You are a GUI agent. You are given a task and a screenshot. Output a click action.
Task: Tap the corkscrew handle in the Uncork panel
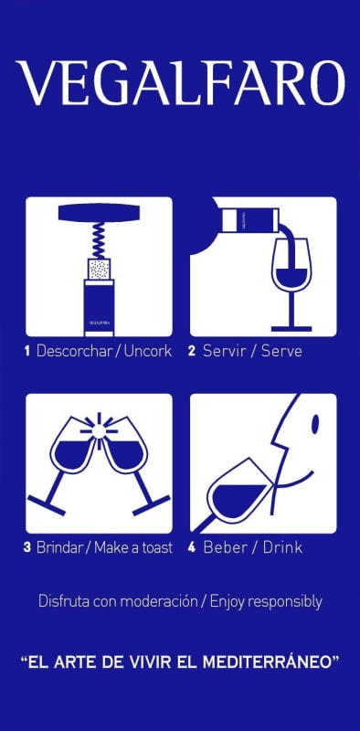pos(98,215)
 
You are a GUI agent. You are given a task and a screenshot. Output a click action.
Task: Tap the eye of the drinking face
pos(314,423)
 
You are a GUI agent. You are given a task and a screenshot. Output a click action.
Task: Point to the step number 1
pos(27,351)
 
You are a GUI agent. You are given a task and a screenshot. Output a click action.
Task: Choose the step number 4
pos(192,548)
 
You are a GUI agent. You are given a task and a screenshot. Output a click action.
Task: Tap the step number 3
pos(27,548)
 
